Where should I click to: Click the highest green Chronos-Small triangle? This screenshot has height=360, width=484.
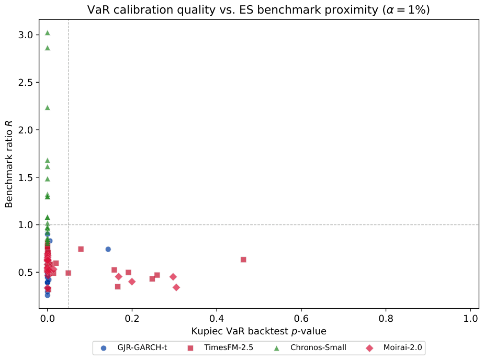(47, 33)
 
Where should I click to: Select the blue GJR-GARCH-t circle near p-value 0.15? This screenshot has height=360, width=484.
(108, 249)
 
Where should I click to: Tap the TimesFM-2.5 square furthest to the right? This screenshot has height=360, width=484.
(243, 260)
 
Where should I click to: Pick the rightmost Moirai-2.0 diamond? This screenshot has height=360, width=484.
(176, 287)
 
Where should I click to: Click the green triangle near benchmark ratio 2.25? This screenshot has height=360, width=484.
(47, 108)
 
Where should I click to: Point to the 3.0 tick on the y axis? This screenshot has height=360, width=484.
(38, 35)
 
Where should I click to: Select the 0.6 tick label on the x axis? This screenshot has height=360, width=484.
(301, 318)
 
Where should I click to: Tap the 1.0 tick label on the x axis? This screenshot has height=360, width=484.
(470, 318)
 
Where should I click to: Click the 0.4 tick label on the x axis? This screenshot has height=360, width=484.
(217, 318)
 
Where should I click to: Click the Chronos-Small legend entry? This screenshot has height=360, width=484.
(310, 347)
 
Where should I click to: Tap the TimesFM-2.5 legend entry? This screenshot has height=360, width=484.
(220, 347)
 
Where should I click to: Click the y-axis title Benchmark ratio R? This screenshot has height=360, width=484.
(9, 164)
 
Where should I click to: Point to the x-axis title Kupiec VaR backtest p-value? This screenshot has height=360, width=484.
(258, 331)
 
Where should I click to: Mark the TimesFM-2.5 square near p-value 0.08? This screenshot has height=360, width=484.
(81, 249)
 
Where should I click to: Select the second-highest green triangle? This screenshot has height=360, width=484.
(47, 48)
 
